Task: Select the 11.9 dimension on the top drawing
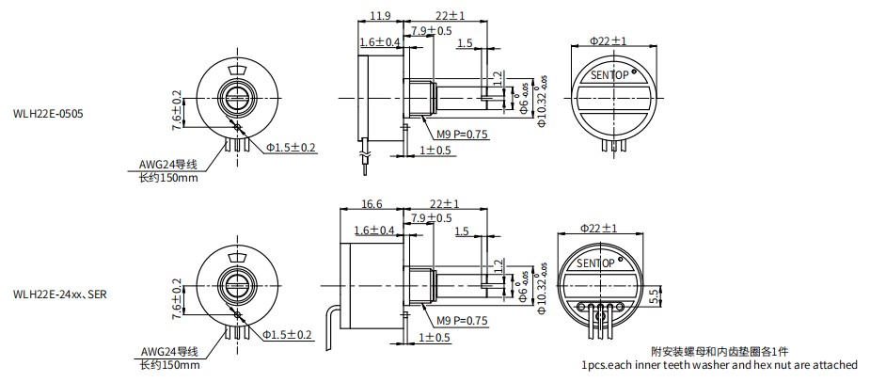(x=379, y=17)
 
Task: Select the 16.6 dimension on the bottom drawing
(x=372, y=203)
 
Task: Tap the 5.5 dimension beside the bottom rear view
(x=675, y=294)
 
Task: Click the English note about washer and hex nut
(x=720, y=365)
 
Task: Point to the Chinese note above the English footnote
(x=720, y=350)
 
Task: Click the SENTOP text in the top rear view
(x=610, y=73)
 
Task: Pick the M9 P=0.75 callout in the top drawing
(x=463, y=135)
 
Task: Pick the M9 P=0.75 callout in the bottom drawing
(x=463, y=320)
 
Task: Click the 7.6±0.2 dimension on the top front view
(x=176, y=111)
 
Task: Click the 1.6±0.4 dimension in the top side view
(x=380, y=43)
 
